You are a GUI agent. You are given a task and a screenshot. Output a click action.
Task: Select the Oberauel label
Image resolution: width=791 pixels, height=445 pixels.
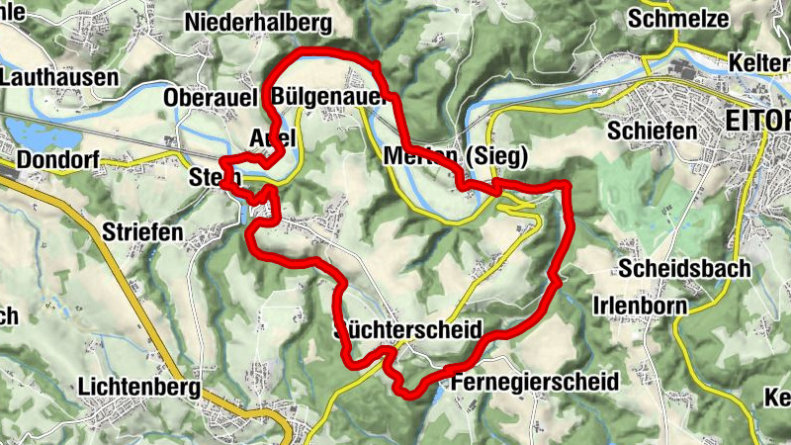(x=212, y=98)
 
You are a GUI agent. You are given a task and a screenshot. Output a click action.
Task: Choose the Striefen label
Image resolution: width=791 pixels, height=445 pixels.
(x=142, y=232)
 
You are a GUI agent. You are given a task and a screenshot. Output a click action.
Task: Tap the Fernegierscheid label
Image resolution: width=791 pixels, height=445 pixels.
(x=534, y=381)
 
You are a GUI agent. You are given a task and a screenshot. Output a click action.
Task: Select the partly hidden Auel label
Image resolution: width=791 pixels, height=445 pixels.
(x=273, y=136)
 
